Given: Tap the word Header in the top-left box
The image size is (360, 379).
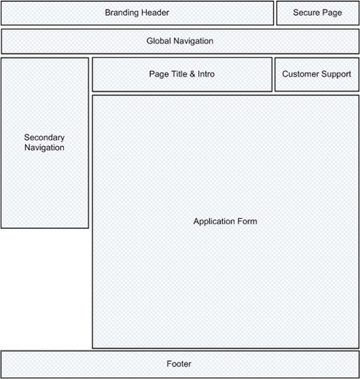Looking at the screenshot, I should [156, 13].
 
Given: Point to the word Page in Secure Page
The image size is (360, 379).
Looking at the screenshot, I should [332, 13].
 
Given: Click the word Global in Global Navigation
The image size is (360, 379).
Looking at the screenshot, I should [159, 41].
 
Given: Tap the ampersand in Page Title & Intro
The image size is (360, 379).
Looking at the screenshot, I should [193, 74].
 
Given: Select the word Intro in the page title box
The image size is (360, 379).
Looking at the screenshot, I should [207, 74].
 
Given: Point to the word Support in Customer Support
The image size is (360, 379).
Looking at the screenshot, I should [336, 74].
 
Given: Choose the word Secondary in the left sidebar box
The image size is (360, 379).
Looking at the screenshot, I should [44, 137].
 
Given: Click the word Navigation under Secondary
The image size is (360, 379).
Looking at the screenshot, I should [44, 148].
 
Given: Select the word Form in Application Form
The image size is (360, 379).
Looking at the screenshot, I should [247, 221].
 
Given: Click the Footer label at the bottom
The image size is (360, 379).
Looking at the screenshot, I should [179, 364].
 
